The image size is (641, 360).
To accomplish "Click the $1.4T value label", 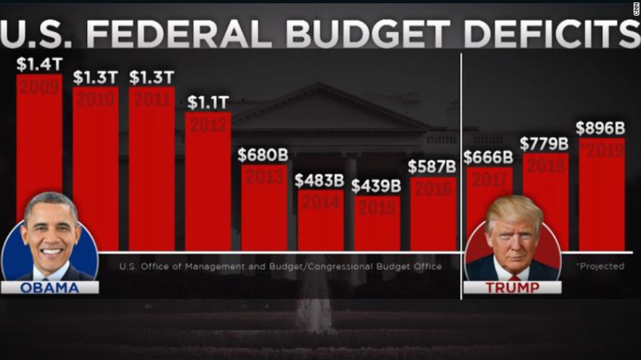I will (x=39, y=64).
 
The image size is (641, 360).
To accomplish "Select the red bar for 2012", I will (x=208, y=182).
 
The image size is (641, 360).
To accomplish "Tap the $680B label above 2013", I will (x=264, y=155).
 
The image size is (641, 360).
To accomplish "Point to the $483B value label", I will (x=319, y=180).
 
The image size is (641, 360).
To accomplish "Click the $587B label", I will (x=432, y=167).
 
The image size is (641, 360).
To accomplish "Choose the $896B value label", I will (x=600, y=128).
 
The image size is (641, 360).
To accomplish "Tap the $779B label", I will (x=545, y=144).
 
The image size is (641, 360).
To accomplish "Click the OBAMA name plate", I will (x=49, y=288).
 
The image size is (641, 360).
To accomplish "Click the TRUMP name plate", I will (x=512, y=288).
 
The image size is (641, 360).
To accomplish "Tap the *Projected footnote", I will (x=600, y=266).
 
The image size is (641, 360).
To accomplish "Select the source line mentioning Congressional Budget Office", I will (x=280, y=267).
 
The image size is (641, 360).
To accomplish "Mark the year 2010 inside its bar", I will (x=95, y=98).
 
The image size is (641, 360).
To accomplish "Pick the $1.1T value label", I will (x=208, y=102).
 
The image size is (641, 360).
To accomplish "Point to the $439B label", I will (x=376, y=186).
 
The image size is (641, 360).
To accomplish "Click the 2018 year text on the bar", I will (x=545, y=165).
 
